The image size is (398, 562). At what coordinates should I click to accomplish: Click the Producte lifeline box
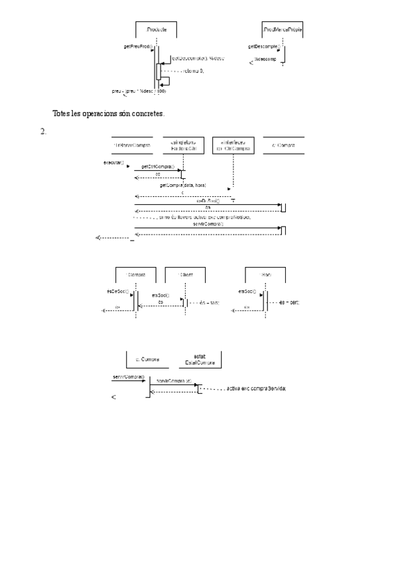156,30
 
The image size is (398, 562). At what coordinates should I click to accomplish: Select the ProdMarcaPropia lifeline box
283,30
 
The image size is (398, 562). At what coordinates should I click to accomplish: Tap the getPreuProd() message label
138,46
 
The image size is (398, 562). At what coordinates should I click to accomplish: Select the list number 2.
43,131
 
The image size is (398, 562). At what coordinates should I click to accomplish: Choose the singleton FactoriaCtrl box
184,145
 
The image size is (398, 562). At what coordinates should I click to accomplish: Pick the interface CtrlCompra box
233,145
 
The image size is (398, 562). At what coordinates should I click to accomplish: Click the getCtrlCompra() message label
158,167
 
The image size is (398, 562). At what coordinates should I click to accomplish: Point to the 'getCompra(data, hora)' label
183,186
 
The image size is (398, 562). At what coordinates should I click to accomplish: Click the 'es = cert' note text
289,302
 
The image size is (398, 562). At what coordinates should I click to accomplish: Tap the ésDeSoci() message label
117,291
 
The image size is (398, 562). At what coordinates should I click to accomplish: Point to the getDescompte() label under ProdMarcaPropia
264,46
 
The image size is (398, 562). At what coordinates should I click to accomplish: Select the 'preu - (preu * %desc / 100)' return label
139,91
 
